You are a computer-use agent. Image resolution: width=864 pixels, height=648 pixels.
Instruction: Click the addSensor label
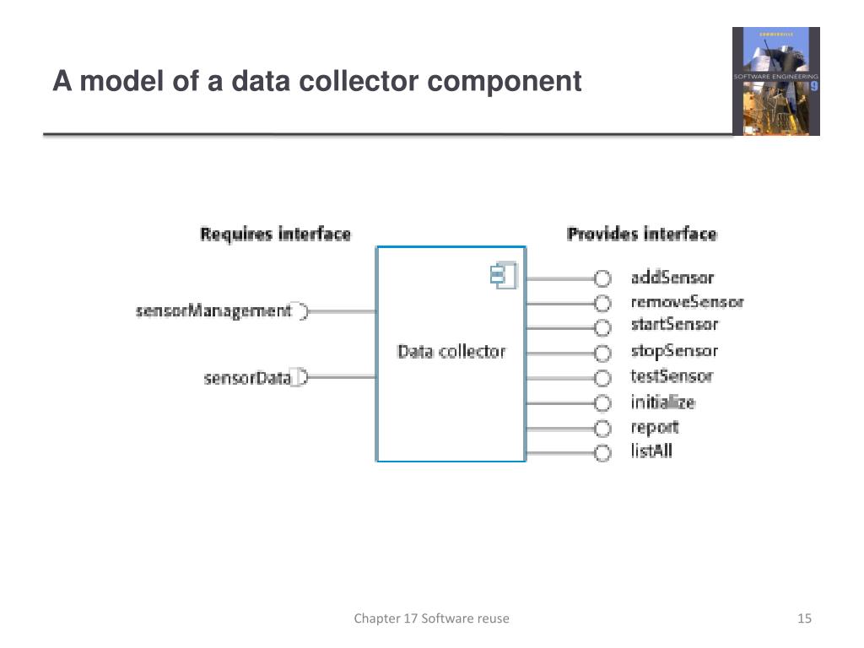672,278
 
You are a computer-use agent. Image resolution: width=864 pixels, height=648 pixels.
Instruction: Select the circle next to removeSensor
602,303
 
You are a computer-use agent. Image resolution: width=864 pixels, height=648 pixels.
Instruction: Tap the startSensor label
674,325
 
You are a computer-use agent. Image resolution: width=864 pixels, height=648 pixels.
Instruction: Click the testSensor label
672,376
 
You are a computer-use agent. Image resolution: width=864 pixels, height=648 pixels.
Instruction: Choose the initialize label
662,402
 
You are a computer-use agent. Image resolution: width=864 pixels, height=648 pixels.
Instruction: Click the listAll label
651,451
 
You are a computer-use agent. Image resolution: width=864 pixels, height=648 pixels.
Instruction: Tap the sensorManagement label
213,311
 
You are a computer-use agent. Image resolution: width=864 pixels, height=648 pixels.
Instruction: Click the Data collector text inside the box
451,352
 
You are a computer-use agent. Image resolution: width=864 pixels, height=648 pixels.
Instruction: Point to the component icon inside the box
503,276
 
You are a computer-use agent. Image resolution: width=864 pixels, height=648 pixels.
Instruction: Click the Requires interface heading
275,234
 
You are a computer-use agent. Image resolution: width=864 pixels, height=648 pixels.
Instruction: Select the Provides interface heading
641,234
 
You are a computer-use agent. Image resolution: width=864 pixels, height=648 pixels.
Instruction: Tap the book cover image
775,81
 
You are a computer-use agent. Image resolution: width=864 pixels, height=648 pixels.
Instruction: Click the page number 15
804,619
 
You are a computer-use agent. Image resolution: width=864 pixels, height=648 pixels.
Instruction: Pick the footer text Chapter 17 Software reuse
431,619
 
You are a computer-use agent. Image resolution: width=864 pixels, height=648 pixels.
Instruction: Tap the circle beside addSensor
602,278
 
